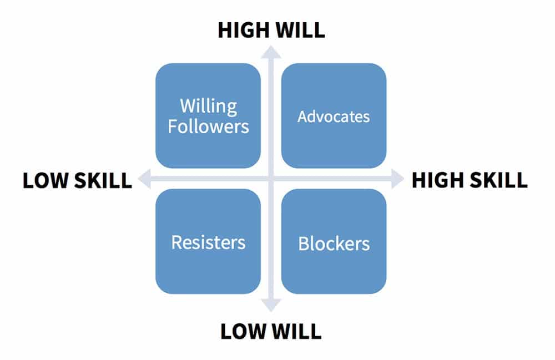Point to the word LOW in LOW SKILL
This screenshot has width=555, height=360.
click(44, 181)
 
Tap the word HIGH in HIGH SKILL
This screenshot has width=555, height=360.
click(437, 180)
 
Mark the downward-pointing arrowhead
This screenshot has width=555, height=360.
click(271, 306)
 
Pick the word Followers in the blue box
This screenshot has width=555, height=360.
click(208, 126)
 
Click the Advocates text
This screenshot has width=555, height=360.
click(334, 116)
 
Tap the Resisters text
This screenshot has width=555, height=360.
click(208, 242)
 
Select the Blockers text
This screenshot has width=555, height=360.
click(334, 244)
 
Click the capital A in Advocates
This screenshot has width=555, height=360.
click(303, 116)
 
